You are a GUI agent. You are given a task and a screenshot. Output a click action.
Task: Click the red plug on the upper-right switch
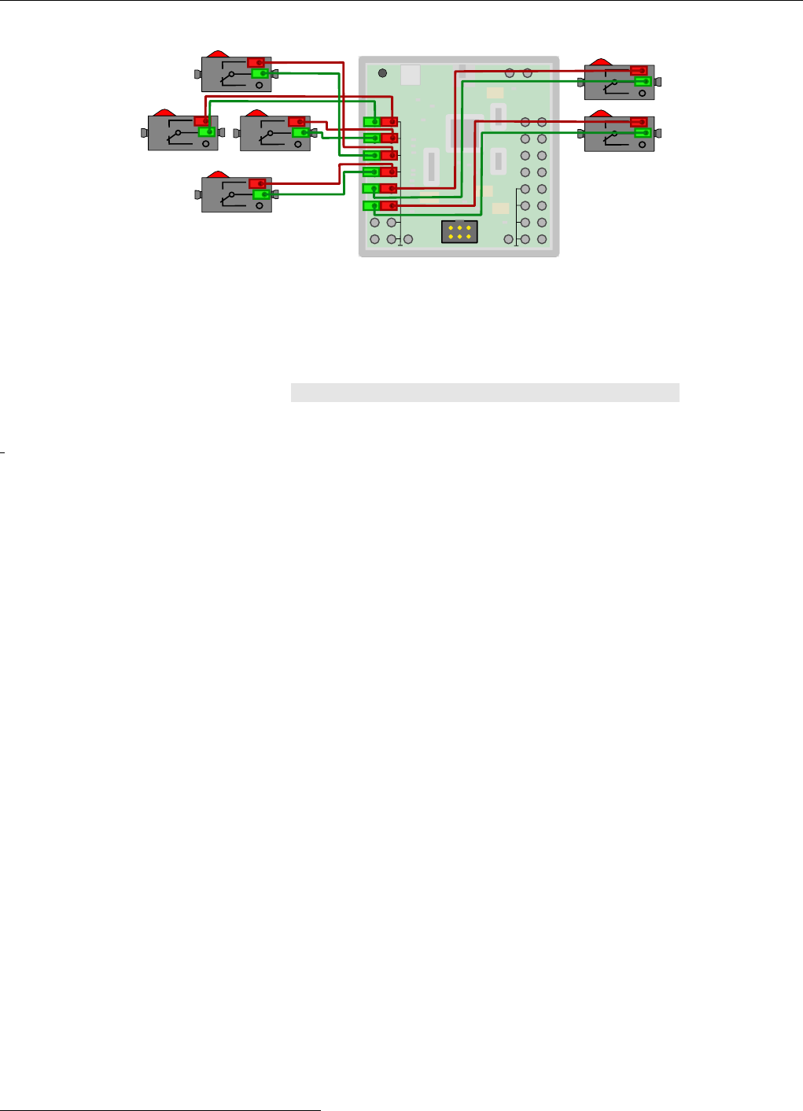[639, 71]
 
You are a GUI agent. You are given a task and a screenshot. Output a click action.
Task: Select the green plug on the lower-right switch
[643, 133]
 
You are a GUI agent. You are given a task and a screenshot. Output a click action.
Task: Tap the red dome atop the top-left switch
[217, 54]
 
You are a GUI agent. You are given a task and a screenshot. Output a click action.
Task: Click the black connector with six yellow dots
[459, 231]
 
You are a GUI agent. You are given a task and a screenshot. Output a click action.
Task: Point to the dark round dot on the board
[382, 73]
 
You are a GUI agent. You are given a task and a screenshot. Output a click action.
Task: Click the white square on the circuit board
[411, 75]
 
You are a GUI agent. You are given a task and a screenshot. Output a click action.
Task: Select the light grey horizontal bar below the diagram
[484, 393]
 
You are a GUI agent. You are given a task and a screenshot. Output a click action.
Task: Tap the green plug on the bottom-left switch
[262, 194]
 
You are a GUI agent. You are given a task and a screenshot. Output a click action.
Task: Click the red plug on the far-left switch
[202, 121]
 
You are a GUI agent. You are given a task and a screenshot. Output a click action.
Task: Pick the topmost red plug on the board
[389, 122]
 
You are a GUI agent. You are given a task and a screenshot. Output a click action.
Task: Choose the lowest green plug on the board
[371, 206]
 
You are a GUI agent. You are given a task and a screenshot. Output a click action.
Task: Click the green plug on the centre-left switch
[300, 133]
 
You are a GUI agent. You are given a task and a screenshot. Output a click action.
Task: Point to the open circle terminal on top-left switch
[259, 84]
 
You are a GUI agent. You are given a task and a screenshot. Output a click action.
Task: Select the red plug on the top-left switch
[256, 62]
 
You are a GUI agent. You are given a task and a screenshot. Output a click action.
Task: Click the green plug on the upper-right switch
[643, 81]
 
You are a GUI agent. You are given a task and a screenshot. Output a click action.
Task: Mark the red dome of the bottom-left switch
[217, 175]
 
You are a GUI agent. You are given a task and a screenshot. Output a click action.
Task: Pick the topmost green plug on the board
[371, 122]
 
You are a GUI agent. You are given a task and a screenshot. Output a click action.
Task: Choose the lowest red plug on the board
[389, 206]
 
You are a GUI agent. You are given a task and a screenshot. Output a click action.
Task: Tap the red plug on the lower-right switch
[639, 122]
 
